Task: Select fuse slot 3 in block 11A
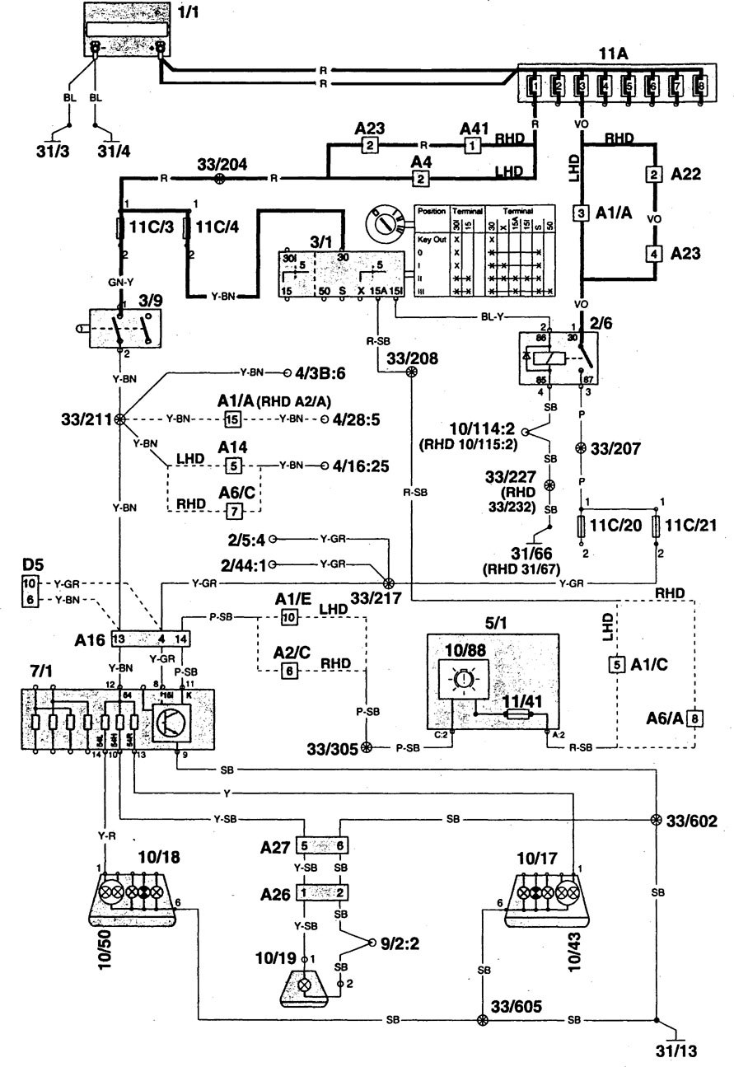(582, 85)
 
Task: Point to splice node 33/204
(218, 177)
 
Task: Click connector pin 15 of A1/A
(234, 419)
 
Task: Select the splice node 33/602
(656, 821)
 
